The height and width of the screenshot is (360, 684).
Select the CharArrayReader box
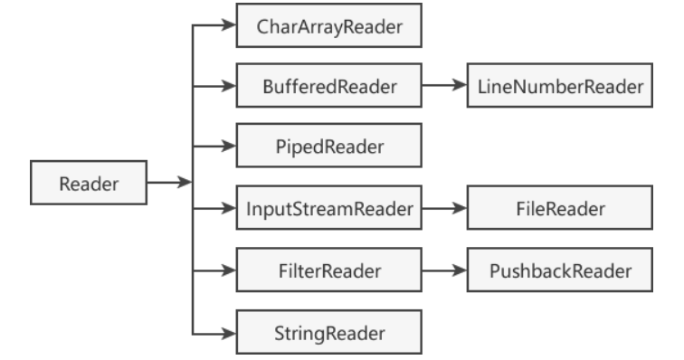click(329, 28)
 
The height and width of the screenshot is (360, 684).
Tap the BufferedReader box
click(329, 87)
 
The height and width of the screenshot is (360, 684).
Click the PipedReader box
click(329, 146)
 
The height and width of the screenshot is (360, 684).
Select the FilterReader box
click(329, 270)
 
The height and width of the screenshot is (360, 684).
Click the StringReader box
click(329, 332)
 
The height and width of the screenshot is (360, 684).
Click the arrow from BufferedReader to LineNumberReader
click(445, 87)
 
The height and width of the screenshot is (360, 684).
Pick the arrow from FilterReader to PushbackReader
click(445, 270)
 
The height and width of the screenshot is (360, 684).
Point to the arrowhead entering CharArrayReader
click(227, 28)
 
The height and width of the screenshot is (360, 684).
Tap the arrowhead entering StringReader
click(227, 332)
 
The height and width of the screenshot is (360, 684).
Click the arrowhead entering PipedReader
click(227, 146)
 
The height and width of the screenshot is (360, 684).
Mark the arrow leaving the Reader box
click(167, 183)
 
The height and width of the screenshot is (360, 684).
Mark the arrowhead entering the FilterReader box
click(227, 270)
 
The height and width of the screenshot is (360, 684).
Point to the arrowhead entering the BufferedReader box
click(227, 87)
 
